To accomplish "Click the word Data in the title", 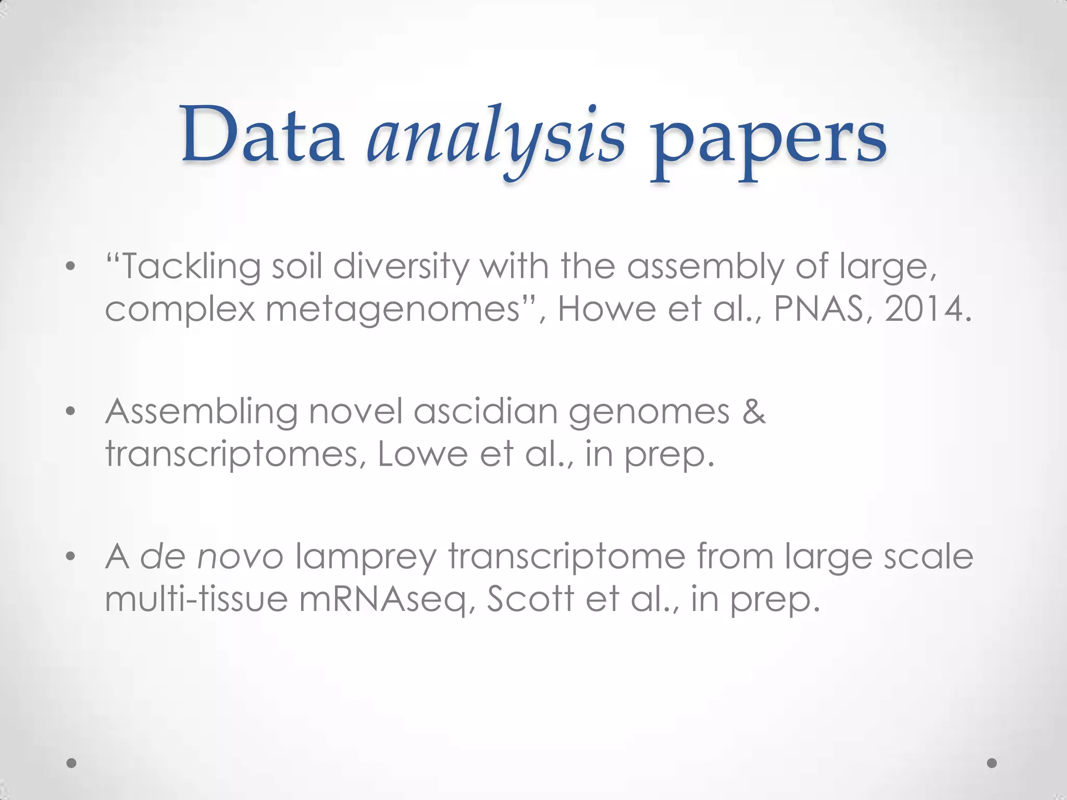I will (x=262, y=135).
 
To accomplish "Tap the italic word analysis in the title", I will (x=495, y=139).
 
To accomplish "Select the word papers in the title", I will (x=768, y=141).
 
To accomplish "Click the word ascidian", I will (x=485, y=412).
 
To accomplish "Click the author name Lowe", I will (x=423, y=454).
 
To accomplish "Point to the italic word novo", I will (x=241, y=557).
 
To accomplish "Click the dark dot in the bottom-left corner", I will (x=72, y=763).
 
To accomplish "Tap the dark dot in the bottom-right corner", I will (x=992, y=763).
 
